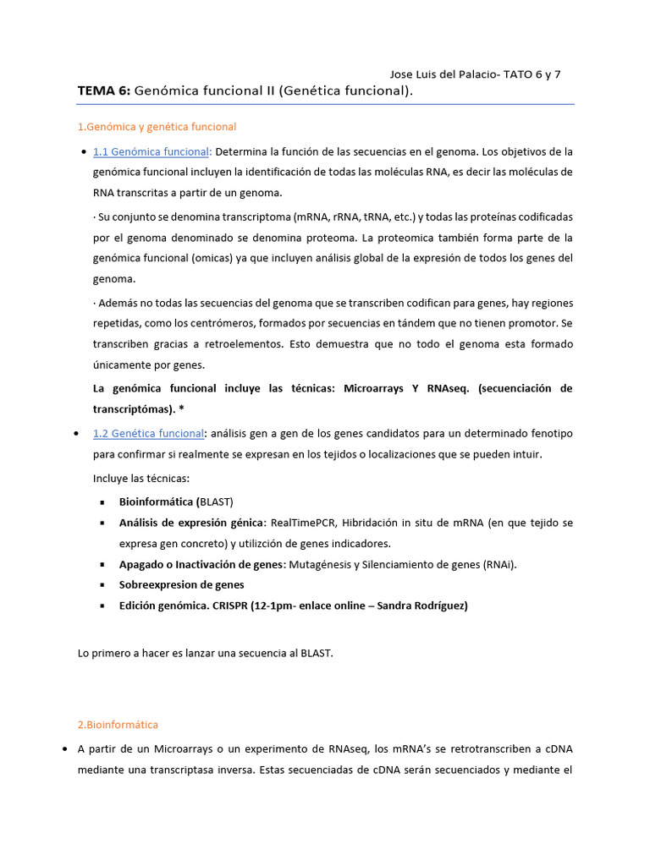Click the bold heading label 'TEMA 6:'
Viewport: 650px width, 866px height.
(103, 90)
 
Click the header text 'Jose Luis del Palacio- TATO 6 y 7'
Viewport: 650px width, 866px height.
(475, 74)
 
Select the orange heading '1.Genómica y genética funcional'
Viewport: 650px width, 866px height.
(157, 127)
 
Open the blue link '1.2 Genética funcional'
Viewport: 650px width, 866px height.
(148, 434)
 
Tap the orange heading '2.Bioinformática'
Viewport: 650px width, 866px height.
(118, 725)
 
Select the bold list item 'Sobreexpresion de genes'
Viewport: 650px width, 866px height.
(181, 584)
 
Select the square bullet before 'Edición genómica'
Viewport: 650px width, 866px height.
(102, 606)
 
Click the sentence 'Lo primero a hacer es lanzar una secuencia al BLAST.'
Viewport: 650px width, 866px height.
(205, 654)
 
